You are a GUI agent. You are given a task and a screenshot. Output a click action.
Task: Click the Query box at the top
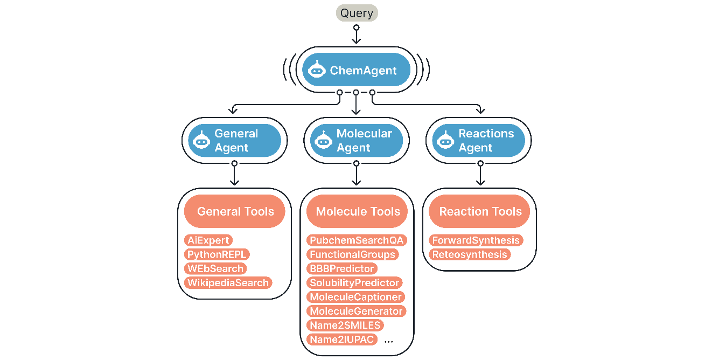tap(357, 12)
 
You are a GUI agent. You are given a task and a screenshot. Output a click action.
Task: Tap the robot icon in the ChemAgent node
tap(317, 70)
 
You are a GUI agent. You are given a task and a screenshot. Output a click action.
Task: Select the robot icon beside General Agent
tap(202, 140)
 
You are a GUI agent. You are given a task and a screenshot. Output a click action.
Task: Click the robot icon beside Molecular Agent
tap(324, 140)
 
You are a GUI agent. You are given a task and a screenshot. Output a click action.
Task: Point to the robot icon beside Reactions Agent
tap(445, 140)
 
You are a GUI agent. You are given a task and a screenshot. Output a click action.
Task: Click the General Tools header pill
tap(235, 212)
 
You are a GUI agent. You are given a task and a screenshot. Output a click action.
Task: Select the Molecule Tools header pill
tap(358, 212)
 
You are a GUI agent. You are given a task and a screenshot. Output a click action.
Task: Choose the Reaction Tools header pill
tap(480, 212)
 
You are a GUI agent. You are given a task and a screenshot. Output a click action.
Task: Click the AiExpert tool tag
tap(208, 240)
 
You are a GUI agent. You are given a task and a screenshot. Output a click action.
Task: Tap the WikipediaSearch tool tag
tap(228, 282)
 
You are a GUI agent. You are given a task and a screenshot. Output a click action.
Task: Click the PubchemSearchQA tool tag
tap(357, 240)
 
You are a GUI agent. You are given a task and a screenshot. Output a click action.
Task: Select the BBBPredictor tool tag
tap(341, 268)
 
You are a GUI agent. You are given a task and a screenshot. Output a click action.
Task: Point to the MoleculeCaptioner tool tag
tap(355, 297)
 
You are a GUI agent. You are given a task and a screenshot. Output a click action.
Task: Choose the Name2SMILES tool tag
tap(345, 325)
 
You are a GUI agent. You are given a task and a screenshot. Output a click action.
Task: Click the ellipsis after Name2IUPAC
tap(389, 341)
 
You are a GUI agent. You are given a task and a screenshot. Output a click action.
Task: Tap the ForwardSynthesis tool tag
tap(476, 240)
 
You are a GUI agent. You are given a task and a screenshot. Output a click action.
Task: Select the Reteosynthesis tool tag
tap(470, 254)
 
